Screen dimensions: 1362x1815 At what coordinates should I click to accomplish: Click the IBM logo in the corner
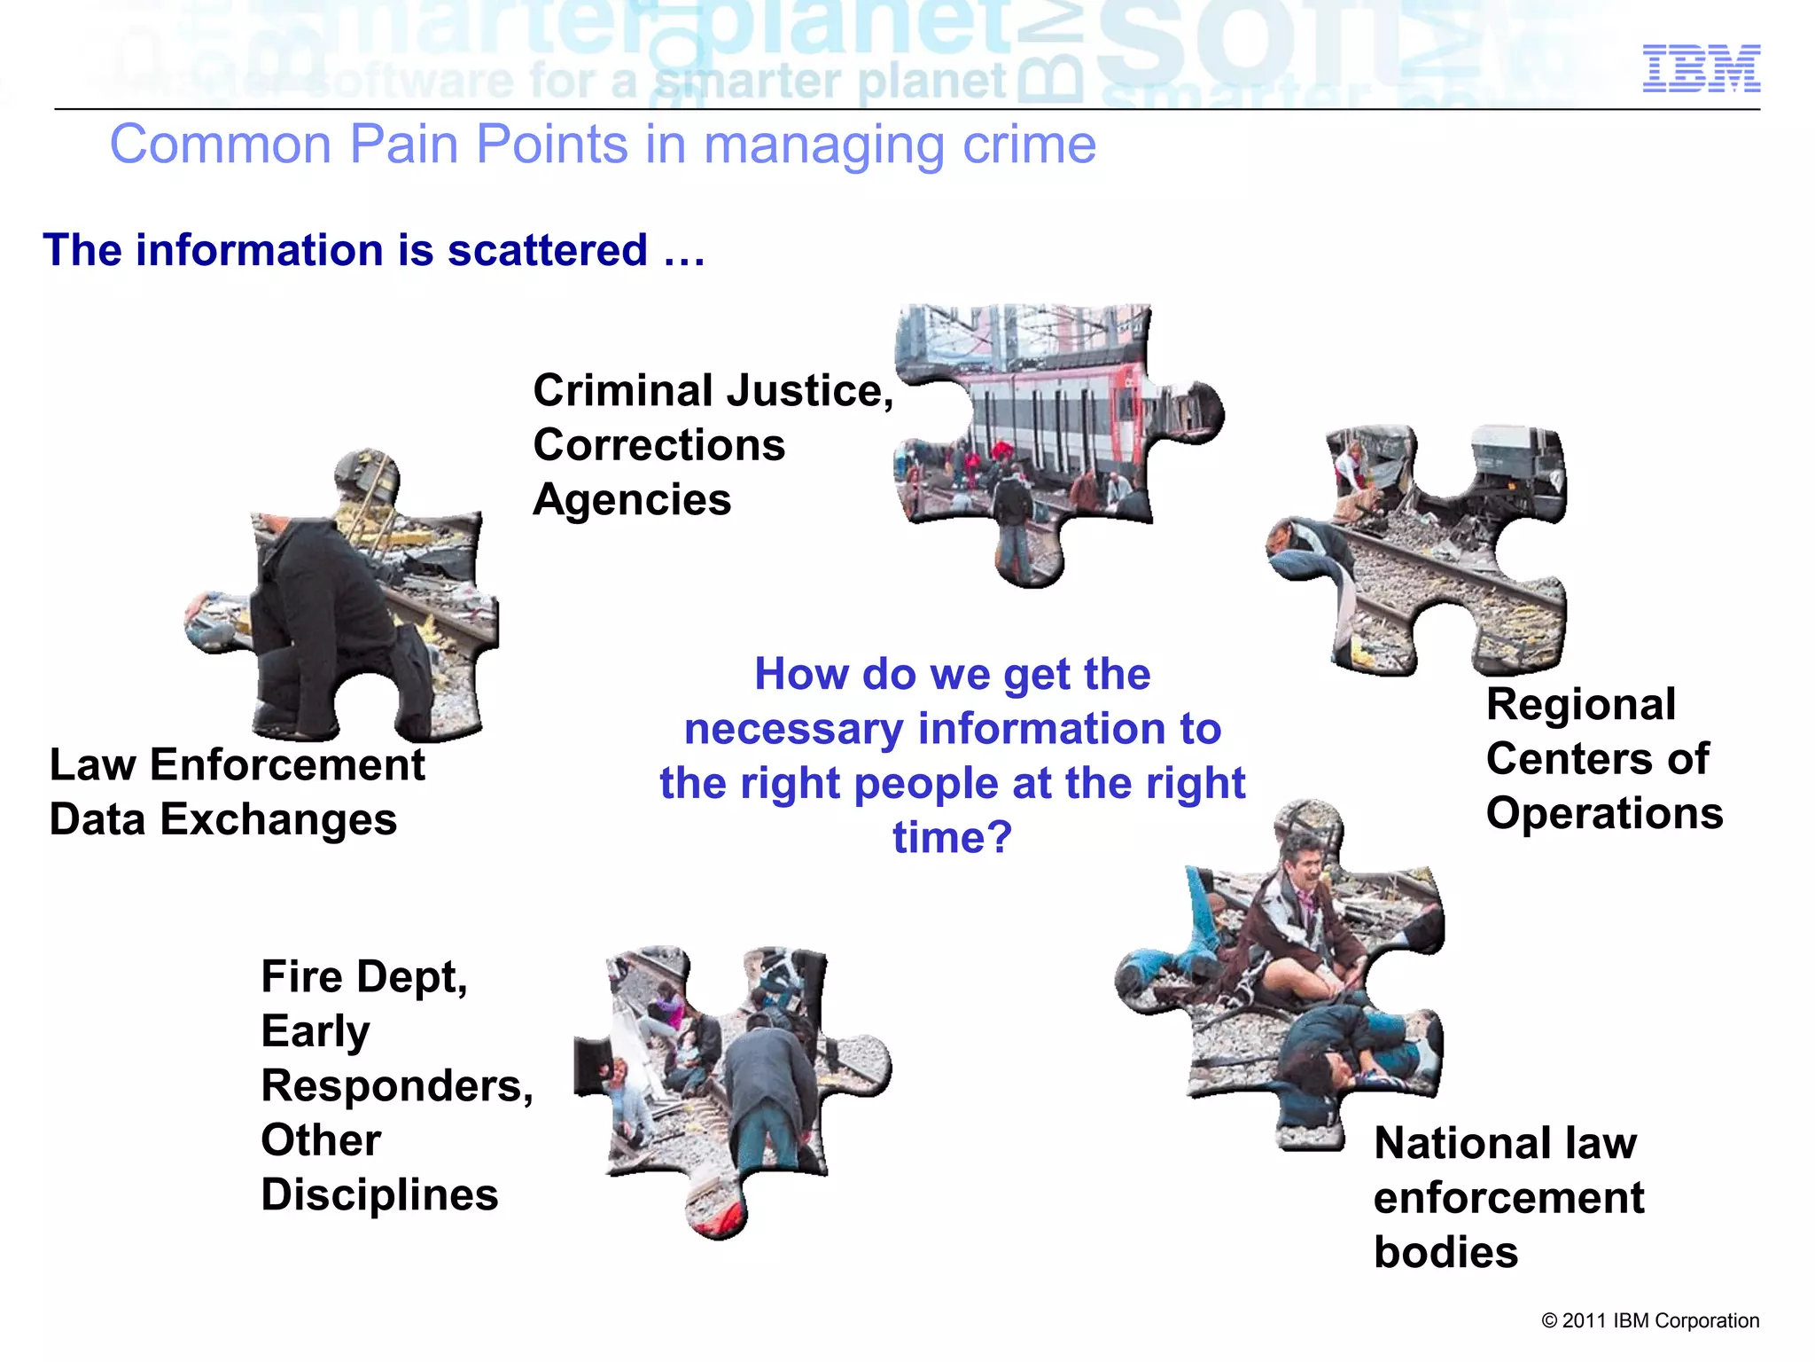(1701, 68)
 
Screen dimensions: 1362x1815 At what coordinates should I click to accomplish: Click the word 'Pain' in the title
(403, 145)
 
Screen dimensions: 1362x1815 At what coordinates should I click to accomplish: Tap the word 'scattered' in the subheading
(547, 250)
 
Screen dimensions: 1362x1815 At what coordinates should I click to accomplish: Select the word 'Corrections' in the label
(658, 445)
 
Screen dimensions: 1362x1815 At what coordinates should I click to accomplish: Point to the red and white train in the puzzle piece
(1046, 417)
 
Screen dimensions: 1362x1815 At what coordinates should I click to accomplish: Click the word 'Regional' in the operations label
(1580, 705)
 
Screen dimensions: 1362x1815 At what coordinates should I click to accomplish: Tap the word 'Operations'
(1604, 814)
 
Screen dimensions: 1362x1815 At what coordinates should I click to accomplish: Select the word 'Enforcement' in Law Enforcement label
(287, 765)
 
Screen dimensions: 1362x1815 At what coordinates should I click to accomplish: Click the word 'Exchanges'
(278, 819)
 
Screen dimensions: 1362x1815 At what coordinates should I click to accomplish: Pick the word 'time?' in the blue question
(952, 838)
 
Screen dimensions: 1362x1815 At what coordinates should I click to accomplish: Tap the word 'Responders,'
(397, 1086)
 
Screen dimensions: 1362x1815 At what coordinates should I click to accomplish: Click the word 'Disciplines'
(379, 1195)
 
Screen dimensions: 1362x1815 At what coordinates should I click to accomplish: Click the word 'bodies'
(1445, 1253)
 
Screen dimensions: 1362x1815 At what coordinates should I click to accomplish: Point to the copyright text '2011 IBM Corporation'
(1650, 1320)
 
